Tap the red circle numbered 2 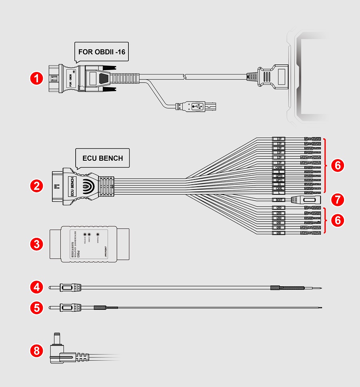37,185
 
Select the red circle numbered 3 37,244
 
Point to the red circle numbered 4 37,287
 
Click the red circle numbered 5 37,307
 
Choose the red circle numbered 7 338,199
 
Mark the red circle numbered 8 37,351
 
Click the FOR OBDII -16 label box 102,52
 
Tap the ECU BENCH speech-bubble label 102,158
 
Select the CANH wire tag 278,168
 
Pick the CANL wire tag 278,188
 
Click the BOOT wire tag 278,199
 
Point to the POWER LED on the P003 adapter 98,234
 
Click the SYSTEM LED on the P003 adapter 84,234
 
